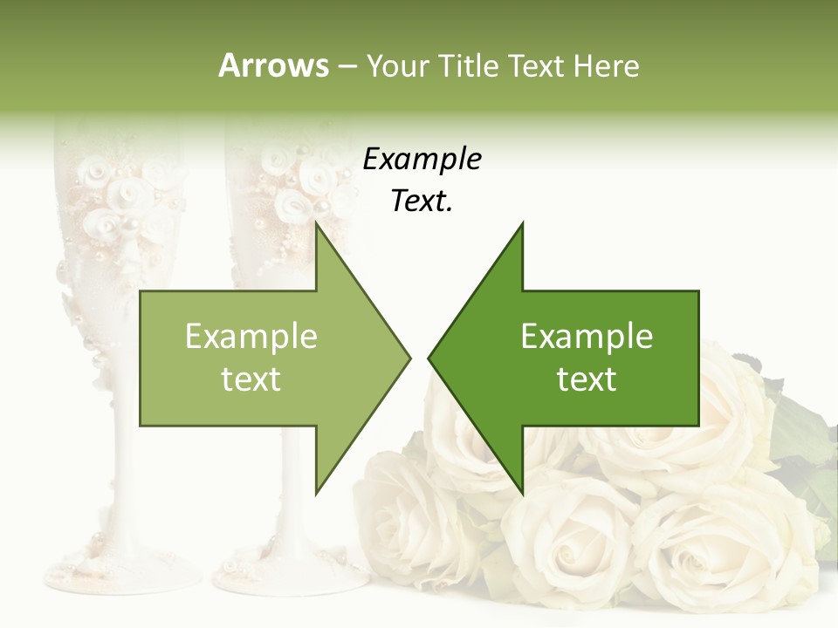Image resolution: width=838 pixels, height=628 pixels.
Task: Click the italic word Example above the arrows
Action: pyautogui.click(x=422, y=160)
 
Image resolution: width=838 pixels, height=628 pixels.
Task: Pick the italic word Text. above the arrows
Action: pyautogui.click(x=422, y=201)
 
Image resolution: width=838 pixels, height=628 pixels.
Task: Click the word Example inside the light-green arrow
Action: pyautogui.click(x=251, y=337)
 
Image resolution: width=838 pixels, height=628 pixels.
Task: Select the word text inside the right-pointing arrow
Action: pyautogui.click(x=251, y=379)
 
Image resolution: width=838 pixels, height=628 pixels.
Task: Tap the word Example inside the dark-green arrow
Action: pyautogui.click(x=587, y=337)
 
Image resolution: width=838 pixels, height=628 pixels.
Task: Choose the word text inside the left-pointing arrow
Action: pyautogui.click(x=587, y=379)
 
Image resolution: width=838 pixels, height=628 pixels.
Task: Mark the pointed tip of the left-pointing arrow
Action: pyautogui.click(x=429, y=358)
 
